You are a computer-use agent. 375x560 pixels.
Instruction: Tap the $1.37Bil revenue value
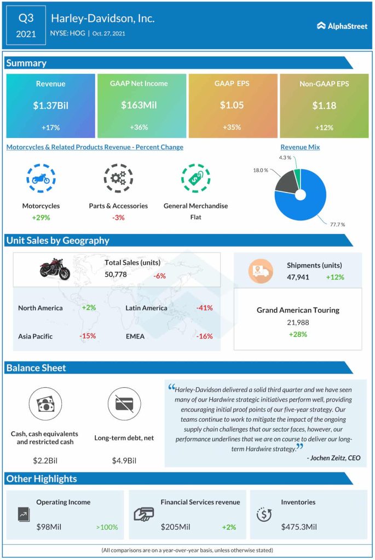50,106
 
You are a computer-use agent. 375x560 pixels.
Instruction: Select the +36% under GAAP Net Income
139,127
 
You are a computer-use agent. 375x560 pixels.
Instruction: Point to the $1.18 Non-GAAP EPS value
324,106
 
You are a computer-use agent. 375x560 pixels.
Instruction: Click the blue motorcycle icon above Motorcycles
41,178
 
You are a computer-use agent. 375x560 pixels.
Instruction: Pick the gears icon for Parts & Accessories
118,178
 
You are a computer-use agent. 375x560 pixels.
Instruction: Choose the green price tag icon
195,178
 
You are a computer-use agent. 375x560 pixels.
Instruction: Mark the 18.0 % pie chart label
260,171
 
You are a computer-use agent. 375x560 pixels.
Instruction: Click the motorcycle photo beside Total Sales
55,269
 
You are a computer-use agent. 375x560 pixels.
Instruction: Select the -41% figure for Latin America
204,308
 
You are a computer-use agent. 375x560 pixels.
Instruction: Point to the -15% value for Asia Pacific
88,336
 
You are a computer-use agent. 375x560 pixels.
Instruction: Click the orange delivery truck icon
261,271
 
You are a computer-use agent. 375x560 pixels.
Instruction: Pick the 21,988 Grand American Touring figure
298,323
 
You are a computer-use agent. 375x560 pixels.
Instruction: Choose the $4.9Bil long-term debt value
123,460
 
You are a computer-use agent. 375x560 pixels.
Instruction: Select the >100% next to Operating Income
107,527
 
